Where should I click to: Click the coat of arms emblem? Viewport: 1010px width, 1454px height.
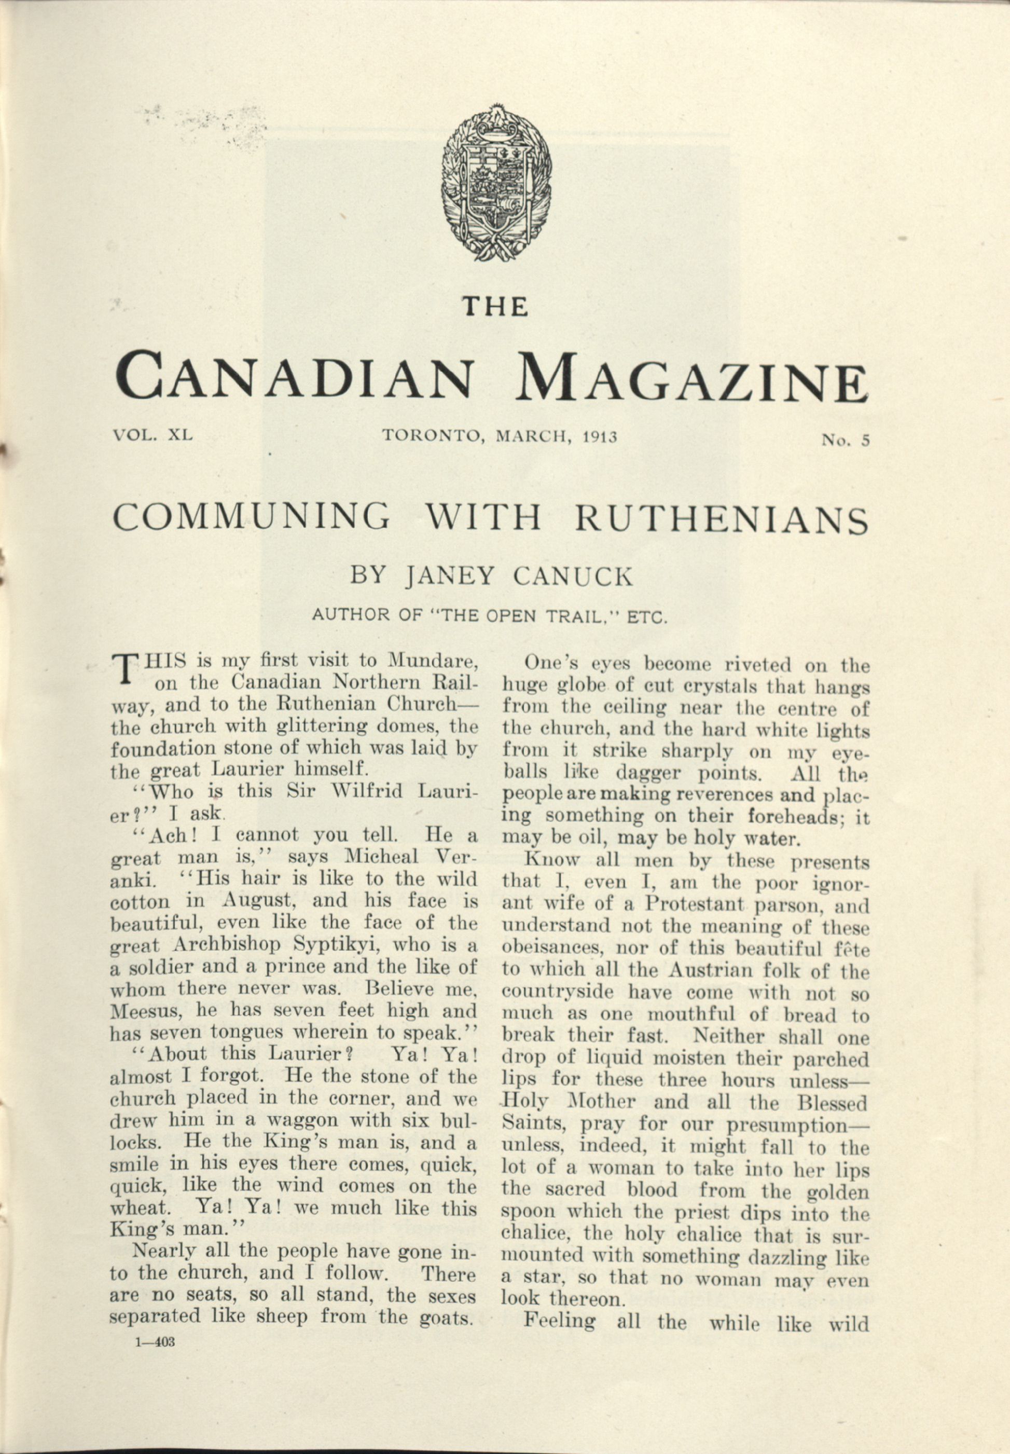(x=496, y=182)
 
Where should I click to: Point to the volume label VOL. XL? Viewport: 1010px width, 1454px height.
(x=153, y=436)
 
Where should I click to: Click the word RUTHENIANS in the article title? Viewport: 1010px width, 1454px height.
(x=721, y=518)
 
